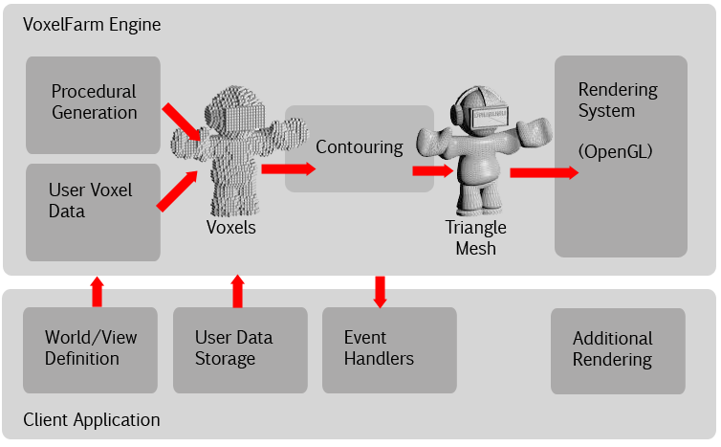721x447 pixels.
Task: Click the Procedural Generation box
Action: click(93, 103)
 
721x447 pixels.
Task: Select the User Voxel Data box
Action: click(93, 212)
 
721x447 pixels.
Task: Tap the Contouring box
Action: click(359, 148)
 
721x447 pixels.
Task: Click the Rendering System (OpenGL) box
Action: click(621, 156)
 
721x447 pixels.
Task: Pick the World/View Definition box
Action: click(90, 349)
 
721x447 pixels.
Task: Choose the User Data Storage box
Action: click(240, 349)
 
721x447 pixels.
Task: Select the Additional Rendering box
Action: click(618, 350)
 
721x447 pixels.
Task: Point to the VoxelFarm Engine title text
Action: click(92, 25)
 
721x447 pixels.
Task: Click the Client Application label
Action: click(92, 420)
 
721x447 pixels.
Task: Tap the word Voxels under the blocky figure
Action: click(230, 228)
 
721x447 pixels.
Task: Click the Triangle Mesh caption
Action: click(475, 238)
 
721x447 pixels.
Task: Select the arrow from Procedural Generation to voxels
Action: click(183, 122)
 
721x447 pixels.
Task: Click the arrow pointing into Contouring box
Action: click(287, 169)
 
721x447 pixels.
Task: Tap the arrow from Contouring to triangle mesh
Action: click(431, 170)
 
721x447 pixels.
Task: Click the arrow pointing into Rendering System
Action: click(543, 172)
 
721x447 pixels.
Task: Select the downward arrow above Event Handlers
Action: click(380, 291)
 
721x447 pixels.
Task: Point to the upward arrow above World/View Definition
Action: click(97, 291)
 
